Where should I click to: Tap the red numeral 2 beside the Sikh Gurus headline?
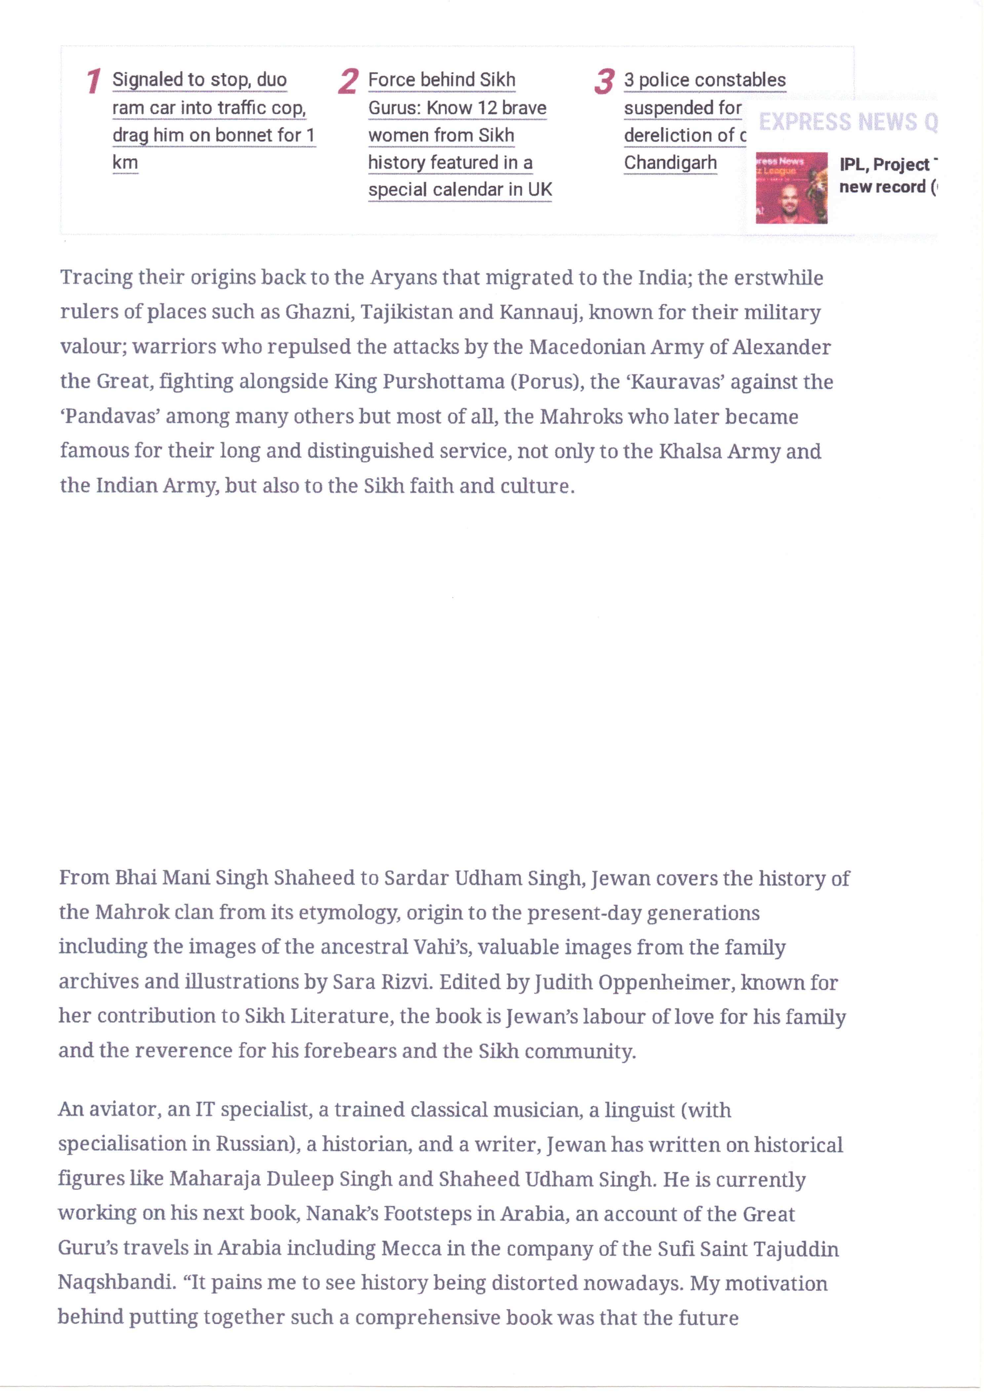347,81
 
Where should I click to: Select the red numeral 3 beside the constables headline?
604,81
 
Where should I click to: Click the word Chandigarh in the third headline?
670,163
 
